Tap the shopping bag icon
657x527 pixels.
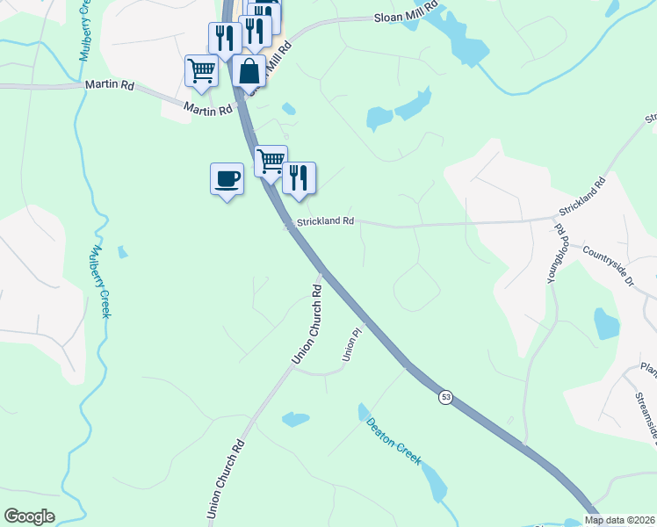(249, 71)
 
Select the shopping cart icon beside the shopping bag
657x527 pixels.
(201, 71)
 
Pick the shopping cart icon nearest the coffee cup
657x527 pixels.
(271, 162)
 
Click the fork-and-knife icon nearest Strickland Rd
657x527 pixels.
(299, 178)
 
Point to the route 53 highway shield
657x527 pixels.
(446, 397)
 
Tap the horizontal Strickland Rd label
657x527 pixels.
(325, 221)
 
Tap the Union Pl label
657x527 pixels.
(351, 344)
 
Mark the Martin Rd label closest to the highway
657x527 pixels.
(208, 108)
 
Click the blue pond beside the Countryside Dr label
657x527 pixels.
(606, 323)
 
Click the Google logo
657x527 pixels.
(29, 516)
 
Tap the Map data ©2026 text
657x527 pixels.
(619, 520)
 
